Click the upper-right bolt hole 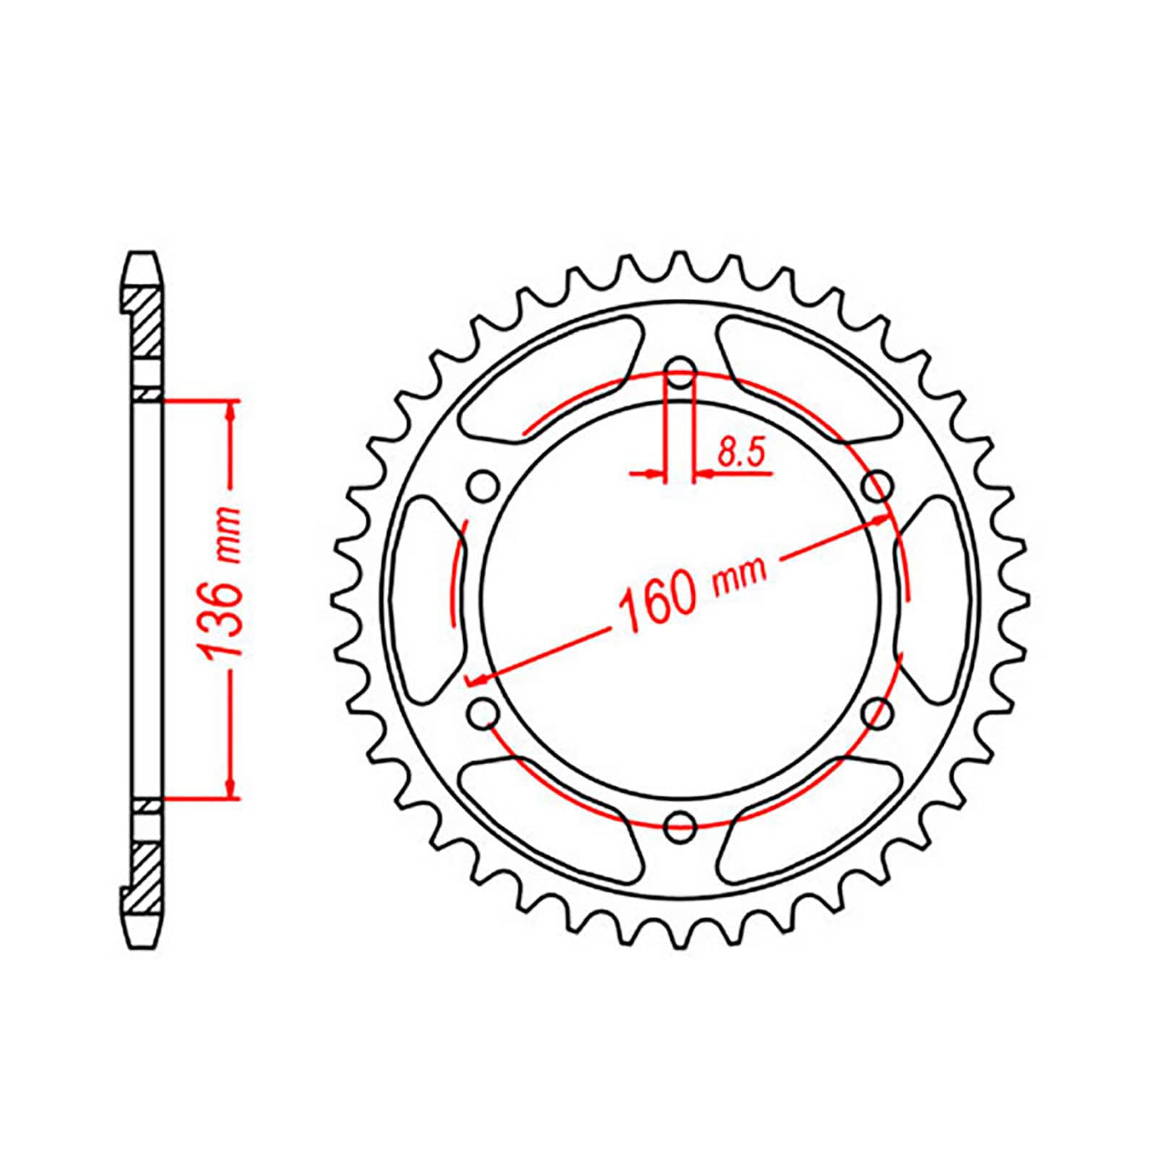877,487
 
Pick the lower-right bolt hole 877,714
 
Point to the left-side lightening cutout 427,601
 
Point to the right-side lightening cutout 934,601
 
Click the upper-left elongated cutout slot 550,376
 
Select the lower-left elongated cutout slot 550,821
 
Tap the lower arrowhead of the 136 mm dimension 231,789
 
